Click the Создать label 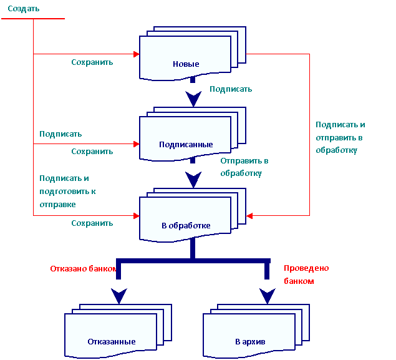coord(24,9)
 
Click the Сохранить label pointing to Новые coord(92,62)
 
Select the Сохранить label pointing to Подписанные coord(92,151)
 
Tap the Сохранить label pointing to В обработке coord(92,223)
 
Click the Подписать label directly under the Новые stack coord(231,89)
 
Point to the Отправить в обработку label coord(244,167)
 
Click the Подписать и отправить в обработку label coord(340,137)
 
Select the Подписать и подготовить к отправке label coord(69,191)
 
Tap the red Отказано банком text coord(84,269)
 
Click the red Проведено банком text coord(306,275)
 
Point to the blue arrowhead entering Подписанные coord(193,99)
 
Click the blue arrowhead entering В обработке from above coord(193,180)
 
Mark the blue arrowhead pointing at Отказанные coord(118,295)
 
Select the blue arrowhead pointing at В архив coord(267,295)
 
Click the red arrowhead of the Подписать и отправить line coord(249,216)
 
